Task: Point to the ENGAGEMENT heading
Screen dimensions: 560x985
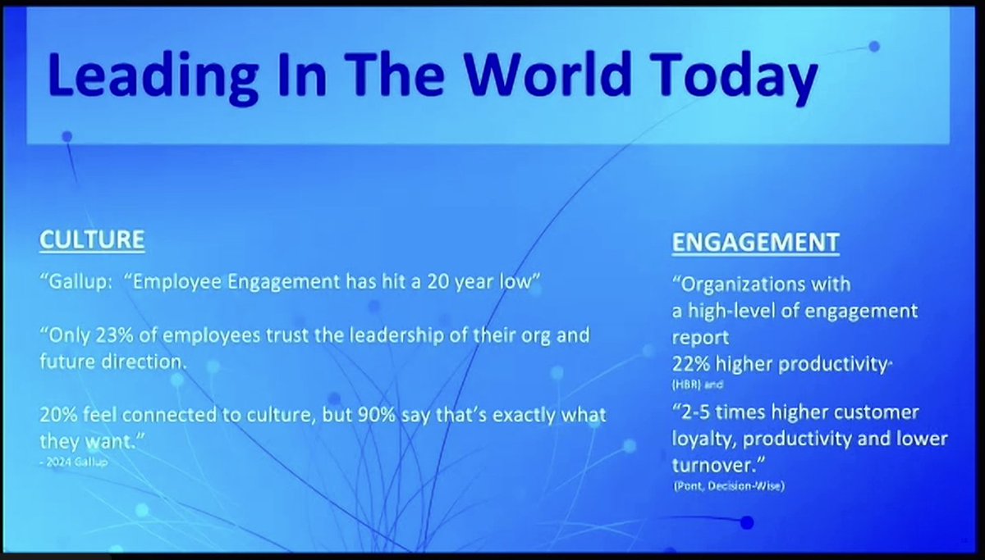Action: click(x=755, y=243)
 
